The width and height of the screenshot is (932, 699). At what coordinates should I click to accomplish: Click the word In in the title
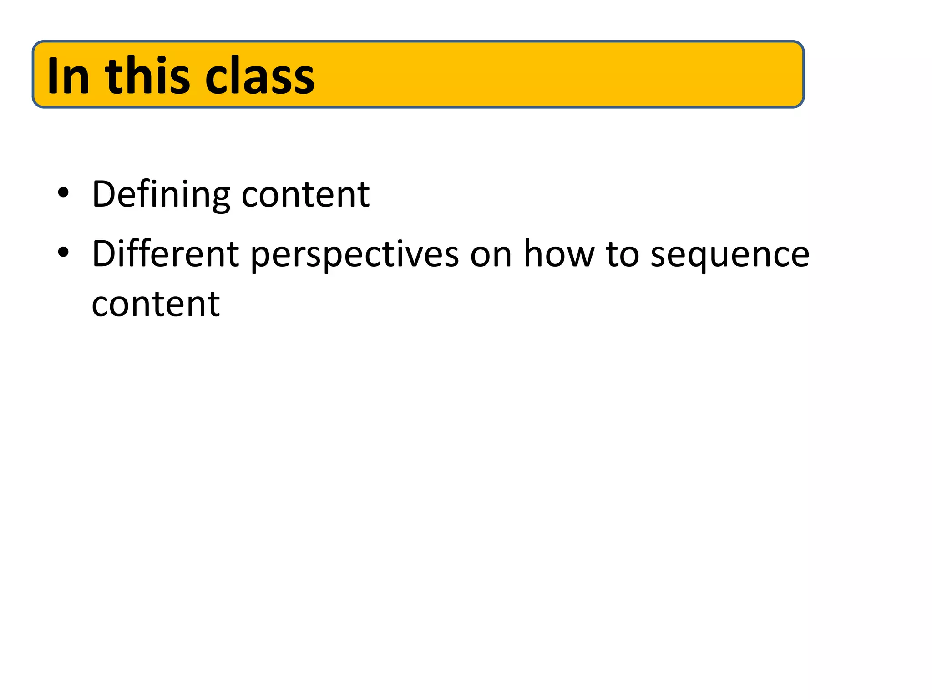[x=68, y=76]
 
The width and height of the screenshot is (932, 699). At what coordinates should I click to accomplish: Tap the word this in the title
[x=147, y=76]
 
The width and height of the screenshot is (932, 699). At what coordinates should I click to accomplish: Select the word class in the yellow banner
[x=260, y=76]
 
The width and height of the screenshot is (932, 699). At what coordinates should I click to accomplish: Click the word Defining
[x=161, y=195]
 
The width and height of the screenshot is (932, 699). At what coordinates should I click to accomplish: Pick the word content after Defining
[x=305, y=195]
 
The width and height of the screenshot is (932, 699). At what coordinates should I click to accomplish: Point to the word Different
[x=165, y=254]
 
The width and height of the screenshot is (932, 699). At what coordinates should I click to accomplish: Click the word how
[x=559, y=254]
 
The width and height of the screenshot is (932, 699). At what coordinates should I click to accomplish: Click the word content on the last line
[x=156, y=304]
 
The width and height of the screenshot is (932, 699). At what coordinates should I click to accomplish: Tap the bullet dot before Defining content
[x=63, y=192]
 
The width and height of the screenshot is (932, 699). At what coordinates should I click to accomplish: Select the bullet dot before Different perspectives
[x=63, y=252]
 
